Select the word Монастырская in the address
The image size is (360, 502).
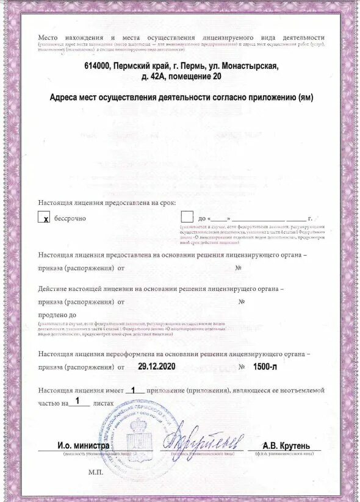tap(248, 66)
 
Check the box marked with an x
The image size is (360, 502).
tap(44, 218)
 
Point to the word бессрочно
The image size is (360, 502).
tap(70, 218)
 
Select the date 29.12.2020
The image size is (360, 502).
tap(156, 367)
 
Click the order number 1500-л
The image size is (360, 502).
tap(266, 367)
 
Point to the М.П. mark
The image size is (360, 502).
tap(96, 472)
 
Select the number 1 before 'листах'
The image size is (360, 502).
tap(77, 401)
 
